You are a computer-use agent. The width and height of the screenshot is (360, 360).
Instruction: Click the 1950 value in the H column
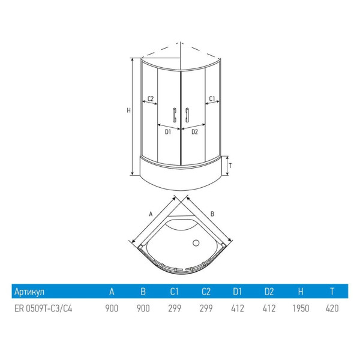[x=301, y=308]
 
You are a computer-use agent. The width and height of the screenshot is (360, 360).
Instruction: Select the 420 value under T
[x=332, y=308]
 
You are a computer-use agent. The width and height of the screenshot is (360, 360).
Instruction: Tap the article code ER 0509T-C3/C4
[x=43, y=308]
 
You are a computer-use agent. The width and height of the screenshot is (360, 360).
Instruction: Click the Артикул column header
[x=29, y=292]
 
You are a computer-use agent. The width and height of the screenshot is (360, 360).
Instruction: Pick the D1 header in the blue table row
[x=238, y=292]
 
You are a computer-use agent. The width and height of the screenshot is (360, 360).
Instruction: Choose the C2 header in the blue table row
[x=206, y=292]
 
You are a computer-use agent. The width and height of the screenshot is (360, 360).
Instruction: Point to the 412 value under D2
[x=269, y=308]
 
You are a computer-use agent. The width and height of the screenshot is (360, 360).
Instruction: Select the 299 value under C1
[x=175, y=308]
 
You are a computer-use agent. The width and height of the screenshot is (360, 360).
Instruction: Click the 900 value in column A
[x=112, y=308]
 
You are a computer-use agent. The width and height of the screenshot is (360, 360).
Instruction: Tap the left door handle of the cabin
[x=174, y=115]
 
